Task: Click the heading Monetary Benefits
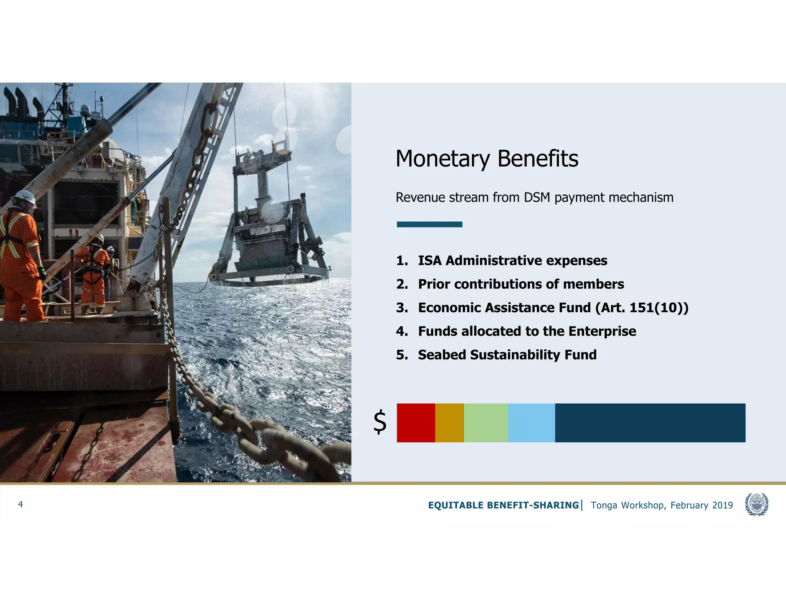click(487, 158)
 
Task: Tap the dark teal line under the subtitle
click(429, 224)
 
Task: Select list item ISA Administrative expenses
click(512, 261)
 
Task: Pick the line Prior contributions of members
click(521, 284)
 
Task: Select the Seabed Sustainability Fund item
click(507, 355)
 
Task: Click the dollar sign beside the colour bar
click(380, 422)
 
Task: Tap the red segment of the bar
click(416, 423)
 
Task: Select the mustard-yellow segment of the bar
click(449, 423)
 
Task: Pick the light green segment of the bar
click(485, 423)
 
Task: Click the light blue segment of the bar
click(531, 423)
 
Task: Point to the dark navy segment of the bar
click(650, 423)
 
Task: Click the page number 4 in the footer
click(20, 505)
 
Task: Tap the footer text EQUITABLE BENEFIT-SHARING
click(503, 505)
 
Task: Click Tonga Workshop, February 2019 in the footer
click(662, 505)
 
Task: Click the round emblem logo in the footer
click(756, 505)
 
